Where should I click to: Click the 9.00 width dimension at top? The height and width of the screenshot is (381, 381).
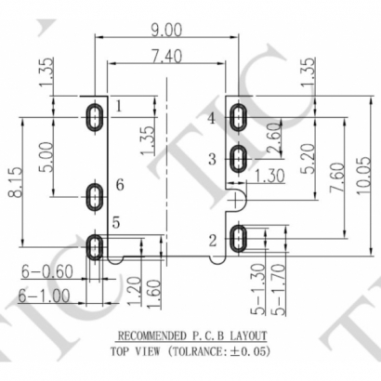(x=166, y=30)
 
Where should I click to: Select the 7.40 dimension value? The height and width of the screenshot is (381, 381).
(x=166, y=57)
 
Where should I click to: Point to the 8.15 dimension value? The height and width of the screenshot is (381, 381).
(x=15, y=182)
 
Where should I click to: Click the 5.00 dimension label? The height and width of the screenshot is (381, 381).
(x=46, y=157)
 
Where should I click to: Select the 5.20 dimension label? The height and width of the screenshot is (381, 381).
(x=308, y=158)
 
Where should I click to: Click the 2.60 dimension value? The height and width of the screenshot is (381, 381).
(x=274, y=138)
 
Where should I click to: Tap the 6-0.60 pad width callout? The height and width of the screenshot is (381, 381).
(x=47, y=271)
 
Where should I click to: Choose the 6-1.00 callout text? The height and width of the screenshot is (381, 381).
(x=44, y=296)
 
